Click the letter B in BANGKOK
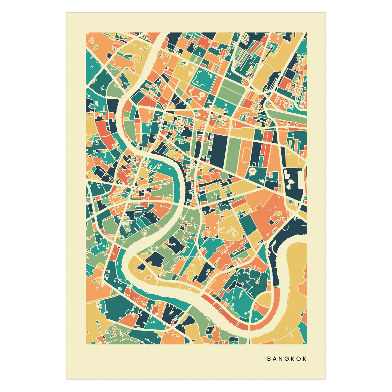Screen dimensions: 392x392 pos(269,359)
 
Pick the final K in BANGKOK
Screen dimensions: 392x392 pos(305,359)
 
